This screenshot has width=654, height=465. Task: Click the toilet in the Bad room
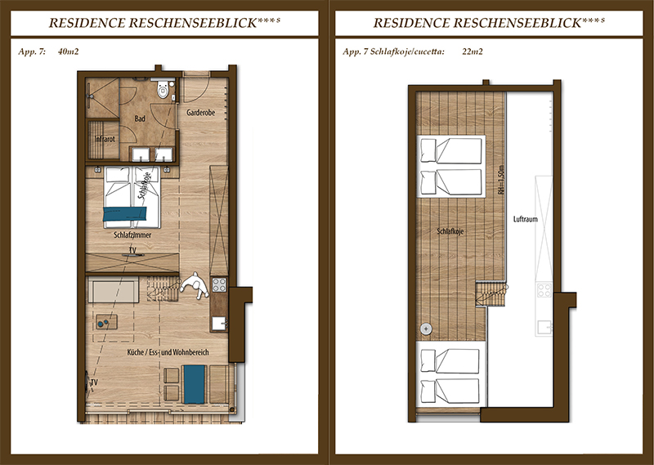(163, 89)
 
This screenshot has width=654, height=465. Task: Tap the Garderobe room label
(200, 113)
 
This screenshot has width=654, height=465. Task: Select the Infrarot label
(105, 139)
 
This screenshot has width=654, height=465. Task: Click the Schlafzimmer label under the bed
(132, 235)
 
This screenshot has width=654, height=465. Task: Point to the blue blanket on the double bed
(125, 213)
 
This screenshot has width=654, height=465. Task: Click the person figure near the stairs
(195, 286)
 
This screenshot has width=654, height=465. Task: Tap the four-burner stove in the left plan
(219, 285)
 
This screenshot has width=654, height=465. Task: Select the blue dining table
(195, 384)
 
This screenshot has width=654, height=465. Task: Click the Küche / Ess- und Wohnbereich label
(168, 352)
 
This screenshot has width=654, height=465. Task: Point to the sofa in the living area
(114, 292)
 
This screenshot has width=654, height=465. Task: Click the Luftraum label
(525, 219)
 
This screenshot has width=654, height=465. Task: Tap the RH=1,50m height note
(501, 180)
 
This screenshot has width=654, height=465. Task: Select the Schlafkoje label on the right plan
(450, 231)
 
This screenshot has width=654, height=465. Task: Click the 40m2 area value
(69, 51)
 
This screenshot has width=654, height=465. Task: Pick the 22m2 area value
(473, 51)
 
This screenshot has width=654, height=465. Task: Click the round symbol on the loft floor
(426, 329)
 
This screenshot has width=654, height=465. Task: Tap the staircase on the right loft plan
(491, 293)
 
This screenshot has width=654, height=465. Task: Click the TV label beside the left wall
(94, 382)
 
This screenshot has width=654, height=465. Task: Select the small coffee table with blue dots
(106, 322)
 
